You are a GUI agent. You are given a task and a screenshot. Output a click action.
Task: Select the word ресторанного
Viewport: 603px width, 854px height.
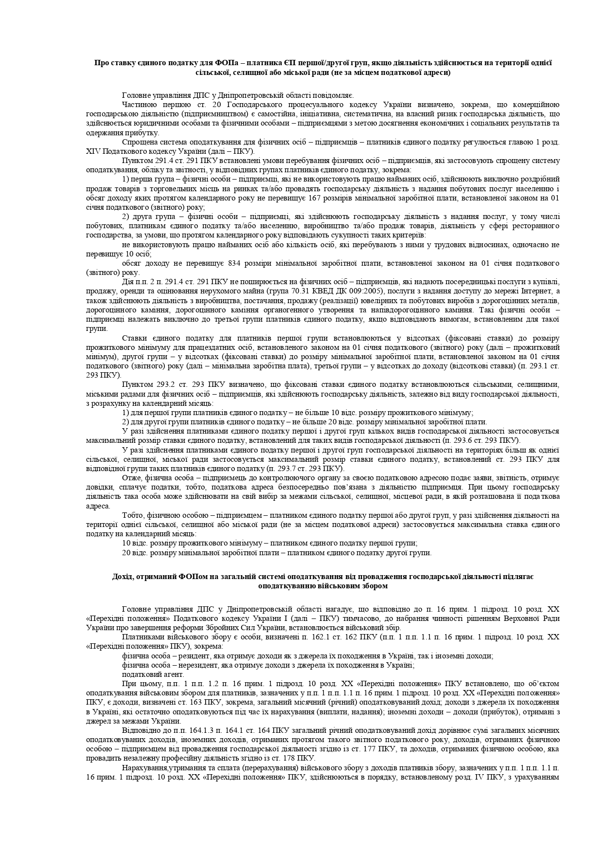[537, 226]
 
